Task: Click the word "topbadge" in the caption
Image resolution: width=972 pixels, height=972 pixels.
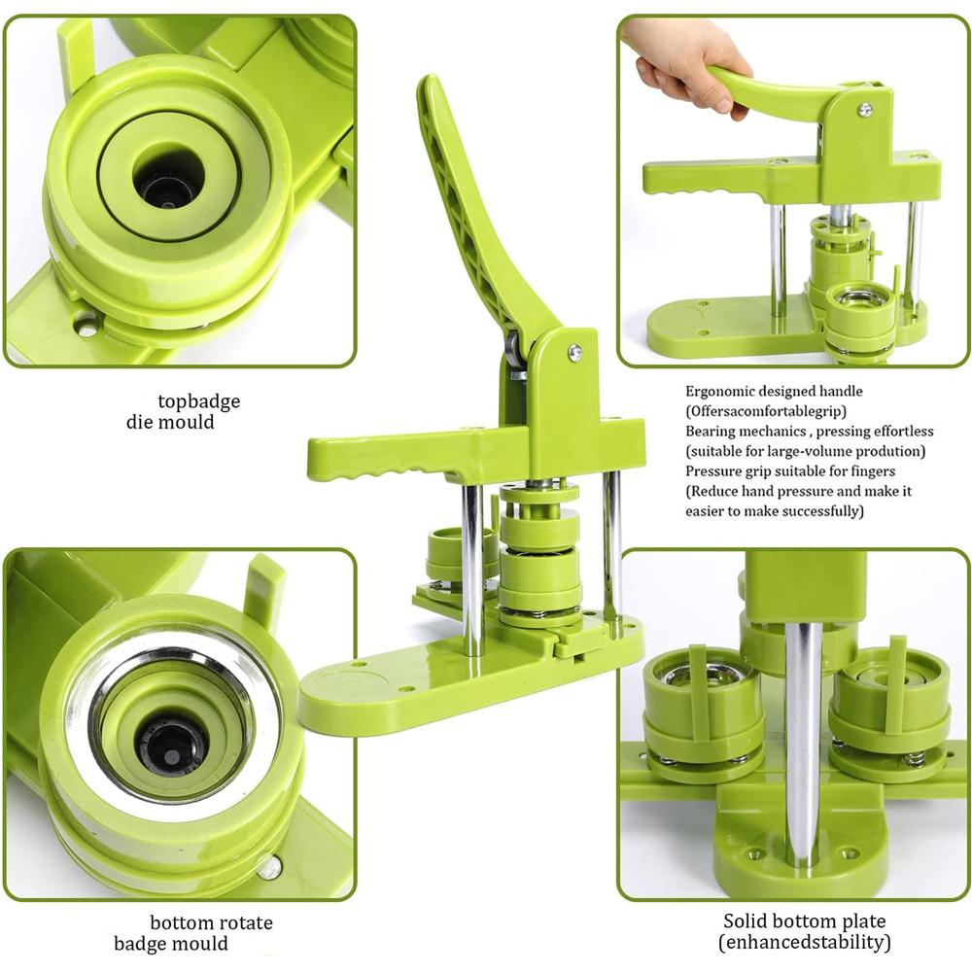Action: (x=199, y=401)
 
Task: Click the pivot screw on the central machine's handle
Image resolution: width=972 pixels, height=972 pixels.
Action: (x=574, y=354)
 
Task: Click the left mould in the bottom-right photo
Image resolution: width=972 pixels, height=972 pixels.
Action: (x=703, y=710)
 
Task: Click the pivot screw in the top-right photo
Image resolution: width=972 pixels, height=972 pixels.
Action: (x=864, y=109)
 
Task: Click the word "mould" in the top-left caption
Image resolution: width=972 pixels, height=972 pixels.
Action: (x=190, y=423)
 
